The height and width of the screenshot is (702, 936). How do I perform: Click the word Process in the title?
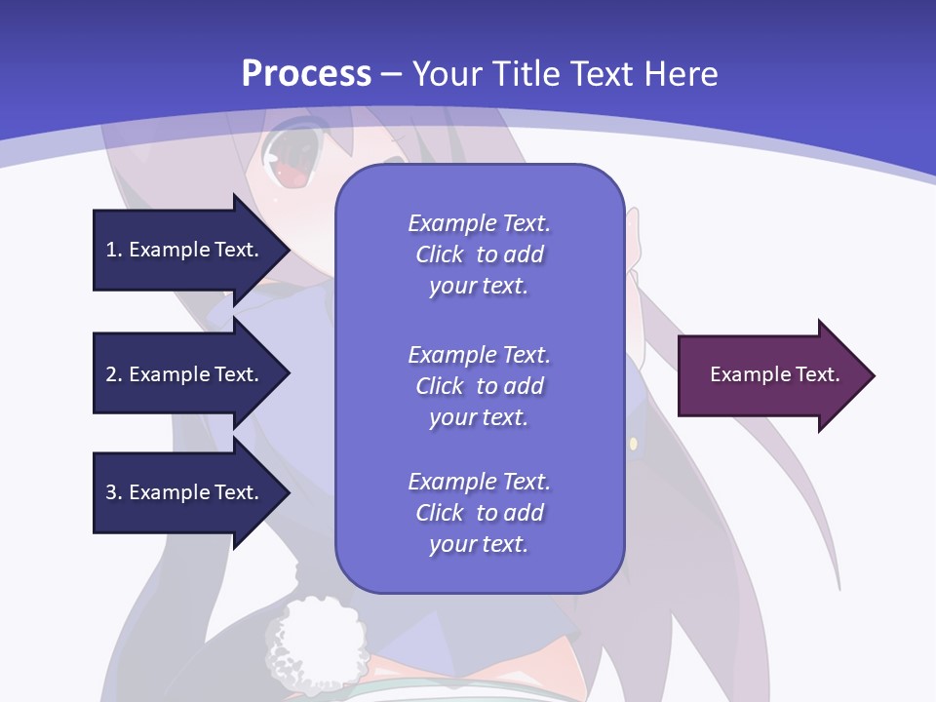306,74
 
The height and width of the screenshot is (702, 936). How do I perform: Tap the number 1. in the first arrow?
114,250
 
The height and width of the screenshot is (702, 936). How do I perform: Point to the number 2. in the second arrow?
114,374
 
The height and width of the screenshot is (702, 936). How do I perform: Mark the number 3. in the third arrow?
114,492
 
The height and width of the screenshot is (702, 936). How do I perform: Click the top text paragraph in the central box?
479,254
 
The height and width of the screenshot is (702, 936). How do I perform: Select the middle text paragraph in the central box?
479,386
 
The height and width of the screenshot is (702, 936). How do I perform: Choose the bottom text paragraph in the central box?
479,513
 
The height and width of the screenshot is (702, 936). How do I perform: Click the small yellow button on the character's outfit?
633,445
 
